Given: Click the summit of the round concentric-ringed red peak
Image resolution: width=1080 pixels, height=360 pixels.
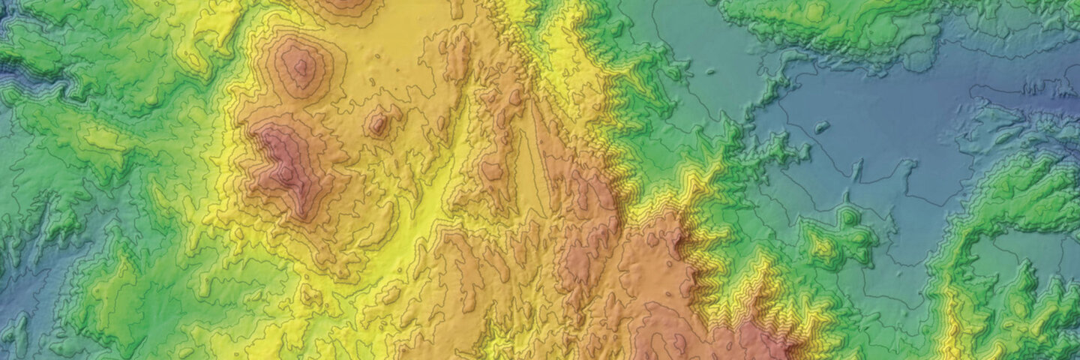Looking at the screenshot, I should pos(301,67).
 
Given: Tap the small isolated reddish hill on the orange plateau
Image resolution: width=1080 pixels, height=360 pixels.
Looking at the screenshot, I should pos(379,122).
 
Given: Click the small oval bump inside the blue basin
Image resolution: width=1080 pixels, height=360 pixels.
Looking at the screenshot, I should pos(822,127).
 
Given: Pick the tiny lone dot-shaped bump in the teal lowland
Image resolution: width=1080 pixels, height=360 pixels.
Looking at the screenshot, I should pos(709,73).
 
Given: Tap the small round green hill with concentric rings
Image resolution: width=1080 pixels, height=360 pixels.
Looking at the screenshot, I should pos(848,217).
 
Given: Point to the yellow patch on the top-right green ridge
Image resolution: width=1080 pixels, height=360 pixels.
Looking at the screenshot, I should pos(814,12).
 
